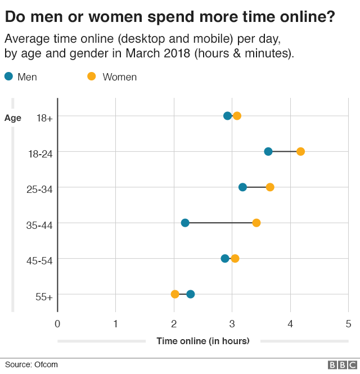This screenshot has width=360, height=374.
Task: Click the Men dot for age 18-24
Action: coord(268,151)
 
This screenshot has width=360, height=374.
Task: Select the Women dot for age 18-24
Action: coord(300,151)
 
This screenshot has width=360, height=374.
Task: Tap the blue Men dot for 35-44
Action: coord(185,223)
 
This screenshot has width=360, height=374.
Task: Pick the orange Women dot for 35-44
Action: coord(256,223)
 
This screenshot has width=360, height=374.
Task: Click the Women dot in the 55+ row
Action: coord(175,294)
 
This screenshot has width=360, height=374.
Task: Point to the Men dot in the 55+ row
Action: coord(190,294)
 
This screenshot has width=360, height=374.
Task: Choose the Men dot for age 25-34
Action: coord(242,187)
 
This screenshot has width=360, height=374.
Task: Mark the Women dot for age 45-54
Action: coord(235,259)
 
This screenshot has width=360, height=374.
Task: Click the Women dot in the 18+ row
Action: coord(237,116)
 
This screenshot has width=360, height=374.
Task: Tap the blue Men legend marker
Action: coord(8,76)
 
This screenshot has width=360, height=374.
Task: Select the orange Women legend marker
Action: coord(91,76)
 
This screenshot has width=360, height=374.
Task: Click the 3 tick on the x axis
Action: coord(232,324)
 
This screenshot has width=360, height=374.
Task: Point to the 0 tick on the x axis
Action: coord(57,324)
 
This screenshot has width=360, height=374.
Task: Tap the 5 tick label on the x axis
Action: coord(348,324)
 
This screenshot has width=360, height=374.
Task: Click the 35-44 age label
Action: coord(39,225)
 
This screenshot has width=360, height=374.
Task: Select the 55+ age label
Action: coord(44,297)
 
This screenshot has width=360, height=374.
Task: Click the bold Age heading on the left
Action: coord(13,118)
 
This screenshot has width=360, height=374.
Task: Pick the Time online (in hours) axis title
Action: coord(203,341)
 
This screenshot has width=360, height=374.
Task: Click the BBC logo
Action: coord(343,365)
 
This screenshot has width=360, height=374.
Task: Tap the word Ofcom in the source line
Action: coord(46,364)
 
